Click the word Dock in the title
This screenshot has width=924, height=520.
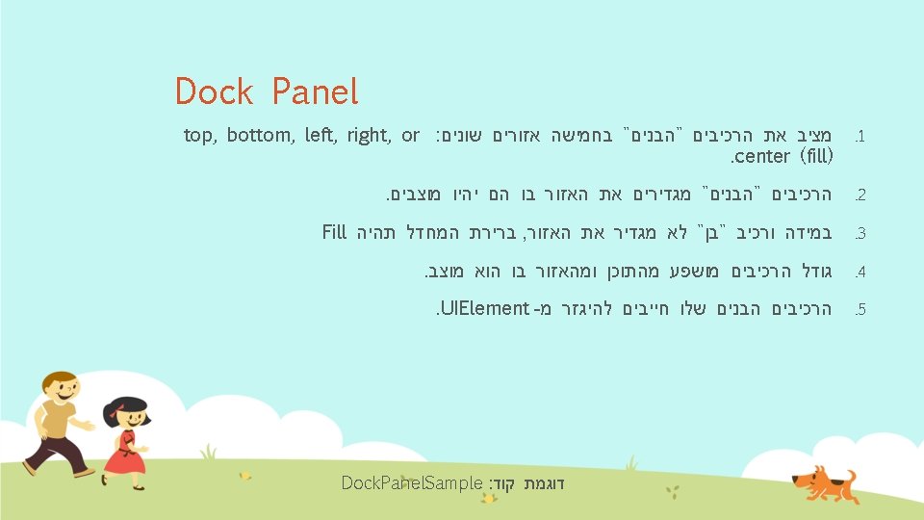point(214,91)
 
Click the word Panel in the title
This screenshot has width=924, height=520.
point(315,91)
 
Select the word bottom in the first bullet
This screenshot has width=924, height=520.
point(260,135)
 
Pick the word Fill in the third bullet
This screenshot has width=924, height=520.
point(334,232)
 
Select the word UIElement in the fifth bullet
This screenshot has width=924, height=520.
point(485,308)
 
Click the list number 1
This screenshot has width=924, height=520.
point(860,137)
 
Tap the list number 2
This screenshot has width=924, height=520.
point(860,195)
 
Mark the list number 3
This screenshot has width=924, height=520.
point(860,233)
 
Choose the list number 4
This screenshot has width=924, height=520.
point(860,272)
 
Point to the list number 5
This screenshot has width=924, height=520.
point(860,309)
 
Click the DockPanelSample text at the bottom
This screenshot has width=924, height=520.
point(412,483)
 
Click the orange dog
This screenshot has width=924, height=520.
point(825,484)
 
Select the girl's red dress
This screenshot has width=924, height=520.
point(125,454)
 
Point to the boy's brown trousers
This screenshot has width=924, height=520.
point(54,455)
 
